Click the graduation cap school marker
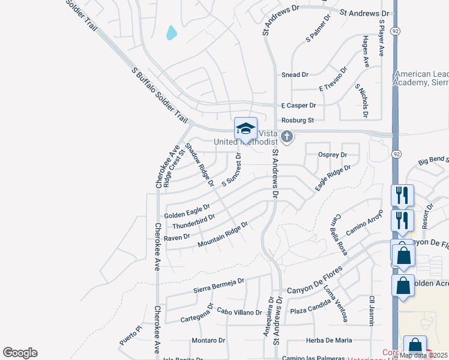[246, 128]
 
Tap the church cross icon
[287, 137]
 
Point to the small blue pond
[172, 32]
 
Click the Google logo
[20, 353]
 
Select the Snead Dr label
[295, 75]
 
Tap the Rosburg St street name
[298, 120]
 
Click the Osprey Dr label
[335, 155]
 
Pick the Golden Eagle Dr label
[187, 211]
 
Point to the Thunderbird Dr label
[193, 221]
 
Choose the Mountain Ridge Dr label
[223, 235]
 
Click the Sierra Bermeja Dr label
[218, 284]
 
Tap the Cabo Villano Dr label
[239, 312]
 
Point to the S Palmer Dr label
[318, 29]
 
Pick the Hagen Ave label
[366, 50]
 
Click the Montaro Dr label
[208, 340]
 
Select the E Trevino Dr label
[333, 79]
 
